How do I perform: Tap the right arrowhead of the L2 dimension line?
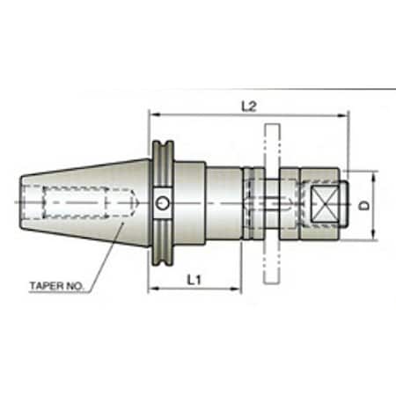pyautogui.click(x=346, y=114)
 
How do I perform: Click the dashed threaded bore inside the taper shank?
pyautogui.click(x=79, y=203)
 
